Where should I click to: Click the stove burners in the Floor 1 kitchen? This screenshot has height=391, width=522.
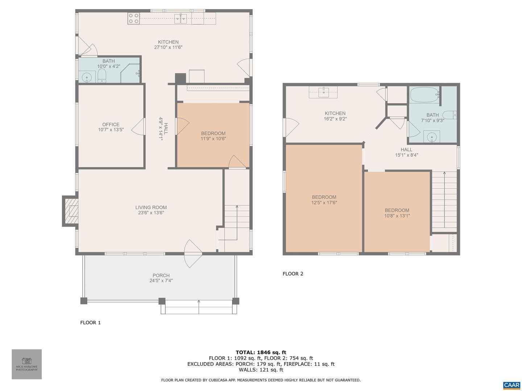pyautogui.click(x=133, y=18)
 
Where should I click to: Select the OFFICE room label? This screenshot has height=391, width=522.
pyautogui.click(x=111, y=125)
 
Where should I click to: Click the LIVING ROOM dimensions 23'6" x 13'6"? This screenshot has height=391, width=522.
pyautogui.click(x=151, y=213)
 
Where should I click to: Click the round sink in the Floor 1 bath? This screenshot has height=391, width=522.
pyautogui.click(x=87, y=77)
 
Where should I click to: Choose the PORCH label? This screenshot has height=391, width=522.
pyautogui.click(x=161, y=276)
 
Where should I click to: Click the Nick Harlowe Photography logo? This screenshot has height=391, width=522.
pyautogui.click(x=26, y=364)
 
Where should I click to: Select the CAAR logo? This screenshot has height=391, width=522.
pyautogui.click(x=511, y=385)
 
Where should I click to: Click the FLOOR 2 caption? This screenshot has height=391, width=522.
pyautogui.click(x=293, y=274)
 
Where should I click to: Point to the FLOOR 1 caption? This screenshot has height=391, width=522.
pyautogui.click(x=90, y=323)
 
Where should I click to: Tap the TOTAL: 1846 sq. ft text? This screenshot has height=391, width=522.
pyautogui.click(x=261, y=352)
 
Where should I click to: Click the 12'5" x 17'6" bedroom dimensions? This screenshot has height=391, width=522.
pyautogui.click(x=324, y=202)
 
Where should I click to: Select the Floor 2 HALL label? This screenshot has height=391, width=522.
pyautogui.click(x=406, y=150)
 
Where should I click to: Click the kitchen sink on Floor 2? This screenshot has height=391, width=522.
pyautogui.click(x=323, y=91)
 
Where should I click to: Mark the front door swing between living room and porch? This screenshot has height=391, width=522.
pyautogui.click(x=193, y=253)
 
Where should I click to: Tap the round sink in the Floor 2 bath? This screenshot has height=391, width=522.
pyautogui.click(x=431, y=137)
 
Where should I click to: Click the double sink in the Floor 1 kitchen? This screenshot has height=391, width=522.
pyautogui.click(x=181, y=19)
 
